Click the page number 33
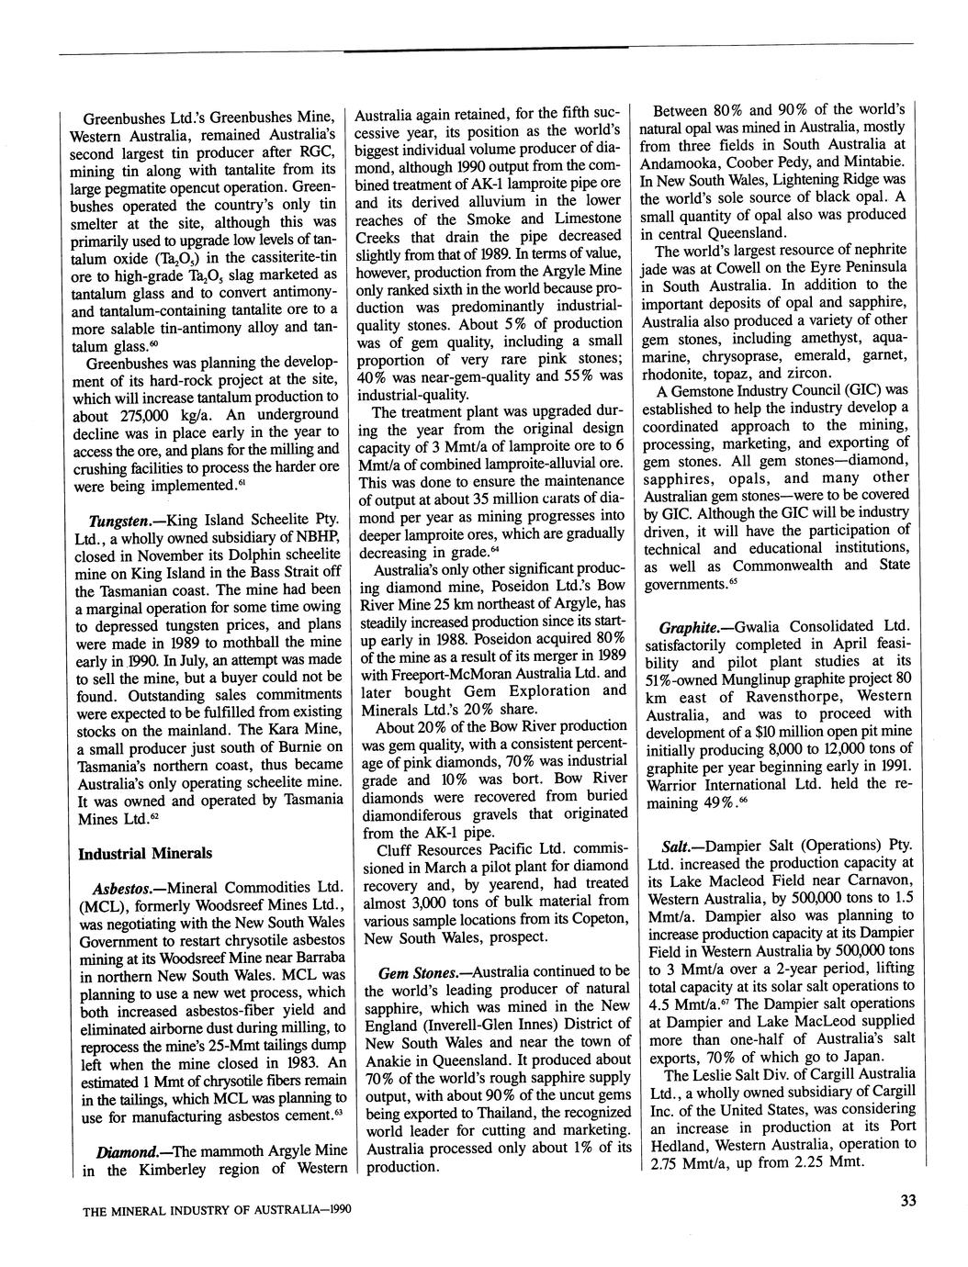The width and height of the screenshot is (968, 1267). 909,1200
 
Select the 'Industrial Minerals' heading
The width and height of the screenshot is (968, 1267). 145,853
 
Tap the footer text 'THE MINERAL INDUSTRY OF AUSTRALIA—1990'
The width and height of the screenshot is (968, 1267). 217,1210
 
